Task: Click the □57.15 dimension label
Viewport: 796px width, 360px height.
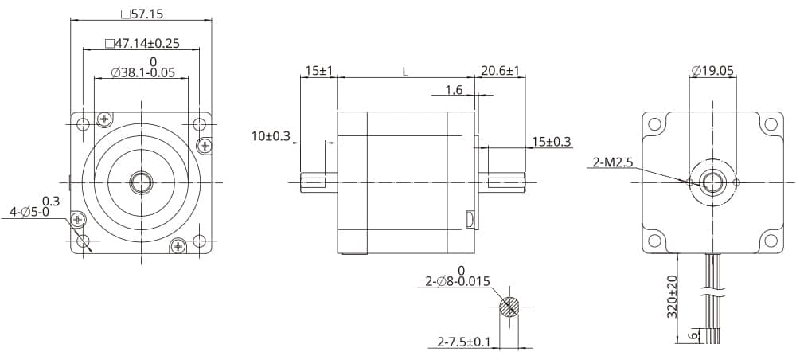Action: (x=142, y=14)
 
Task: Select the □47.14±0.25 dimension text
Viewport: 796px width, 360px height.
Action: (x=142, y=43)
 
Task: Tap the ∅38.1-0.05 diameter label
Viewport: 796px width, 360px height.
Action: (x=142, y=72)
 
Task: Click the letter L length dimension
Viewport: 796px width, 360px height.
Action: (x=405, y=72)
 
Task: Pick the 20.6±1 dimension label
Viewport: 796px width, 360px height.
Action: (x=500, y=71)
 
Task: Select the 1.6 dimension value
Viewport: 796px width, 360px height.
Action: (x=454, y=90)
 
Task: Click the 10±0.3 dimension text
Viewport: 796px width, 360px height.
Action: (x=271, y=136)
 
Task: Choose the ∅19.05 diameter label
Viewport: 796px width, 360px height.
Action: (x=712, y=71)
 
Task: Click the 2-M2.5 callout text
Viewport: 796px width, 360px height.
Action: (x=613, y=162)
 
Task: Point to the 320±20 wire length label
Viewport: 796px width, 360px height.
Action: (x=673, y=295)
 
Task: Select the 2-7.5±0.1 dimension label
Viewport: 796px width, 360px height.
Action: (x=464, y=342)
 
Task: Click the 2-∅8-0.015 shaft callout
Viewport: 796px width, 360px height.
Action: (x=458, y=281)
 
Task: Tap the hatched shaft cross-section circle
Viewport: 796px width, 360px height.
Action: (x=509, y=307)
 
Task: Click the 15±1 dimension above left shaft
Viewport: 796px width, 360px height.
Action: (x=319, y=71)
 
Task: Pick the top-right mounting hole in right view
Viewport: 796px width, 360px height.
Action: (x=770, y=124)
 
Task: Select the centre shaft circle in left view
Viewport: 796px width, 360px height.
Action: (x=142, y=182)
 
